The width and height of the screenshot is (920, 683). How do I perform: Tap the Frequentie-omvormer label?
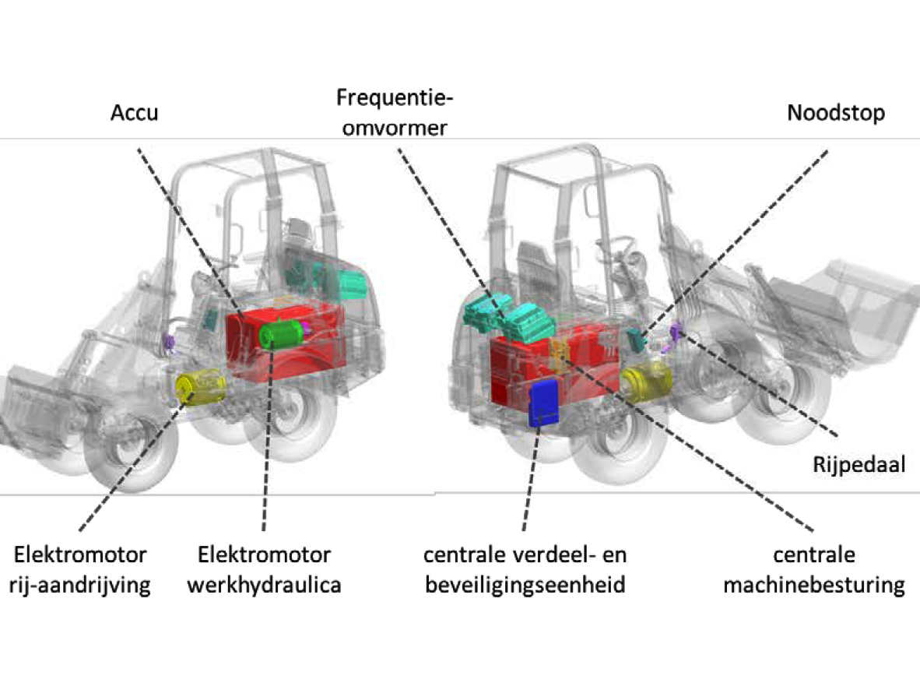(x=394, y=112)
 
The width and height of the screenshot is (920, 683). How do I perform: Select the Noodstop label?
(x=835, y=114)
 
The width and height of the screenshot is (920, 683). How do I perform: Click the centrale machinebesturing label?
(x=813, y=570)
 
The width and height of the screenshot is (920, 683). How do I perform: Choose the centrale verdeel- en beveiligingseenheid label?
(x=525, y=570)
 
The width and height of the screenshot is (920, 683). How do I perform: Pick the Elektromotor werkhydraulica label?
(x=264, y=570)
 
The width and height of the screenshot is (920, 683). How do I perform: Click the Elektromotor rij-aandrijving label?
(x=81, y=570)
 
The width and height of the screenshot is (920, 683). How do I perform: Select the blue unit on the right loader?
(x=544, y=403)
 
